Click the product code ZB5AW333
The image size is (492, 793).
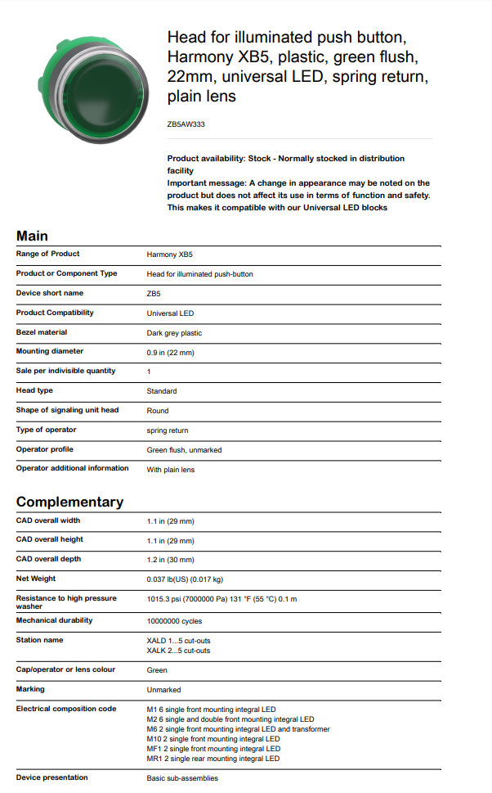point(186,125)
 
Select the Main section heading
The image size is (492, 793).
point(32,237)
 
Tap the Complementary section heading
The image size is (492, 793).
point(69,502)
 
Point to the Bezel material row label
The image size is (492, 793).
point(42,332)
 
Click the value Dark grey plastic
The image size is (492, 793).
point(174,333)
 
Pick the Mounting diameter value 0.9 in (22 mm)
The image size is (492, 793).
point(170,353)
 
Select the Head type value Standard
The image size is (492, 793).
point(162,391)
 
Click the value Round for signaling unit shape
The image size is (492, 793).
point(158,411)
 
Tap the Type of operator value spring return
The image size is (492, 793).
point(168,430)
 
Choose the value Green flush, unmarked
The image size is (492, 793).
point(184,450)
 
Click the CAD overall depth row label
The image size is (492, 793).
point(48,559)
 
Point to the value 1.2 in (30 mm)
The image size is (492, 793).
point(170,560)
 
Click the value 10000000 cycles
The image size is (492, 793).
point(174,621)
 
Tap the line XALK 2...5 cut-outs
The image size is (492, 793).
point(178,651)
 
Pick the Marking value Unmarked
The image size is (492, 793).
point(163,690)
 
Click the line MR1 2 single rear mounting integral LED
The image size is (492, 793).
point(212,759)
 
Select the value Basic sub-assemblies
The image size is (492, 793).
point(182,778)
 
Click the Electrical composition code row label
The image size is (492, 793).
point(66,709)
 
